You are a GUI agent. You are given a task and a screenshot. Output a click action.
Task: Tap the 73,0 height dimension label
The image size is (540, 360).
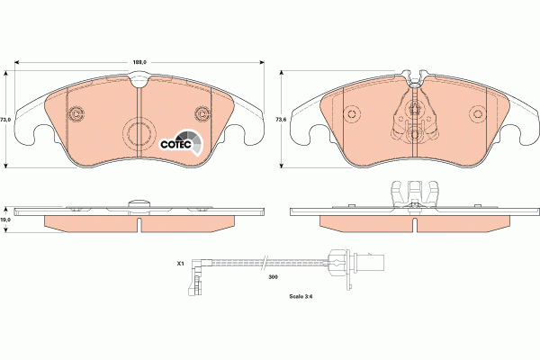coord(5,119)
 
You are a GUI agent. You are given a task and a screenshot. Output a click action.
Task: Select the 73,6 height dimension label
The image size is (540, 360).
coord(280,119)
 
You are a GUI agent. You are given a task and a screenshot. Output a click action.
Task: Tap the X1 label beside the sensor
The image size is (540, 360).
coord(180,265)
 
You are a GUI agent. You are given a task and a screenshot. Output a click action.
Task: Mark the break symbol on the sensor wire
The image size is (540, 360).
coord(263,263)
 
